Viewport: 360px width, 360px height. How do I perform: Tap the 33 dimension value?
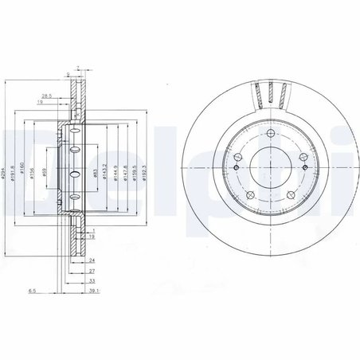point(92,280)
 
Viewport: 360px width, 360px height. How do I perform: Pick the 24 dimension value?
point(92,260)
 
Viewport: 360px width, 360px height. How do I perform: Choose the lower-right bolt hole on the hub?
point(291,195)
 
